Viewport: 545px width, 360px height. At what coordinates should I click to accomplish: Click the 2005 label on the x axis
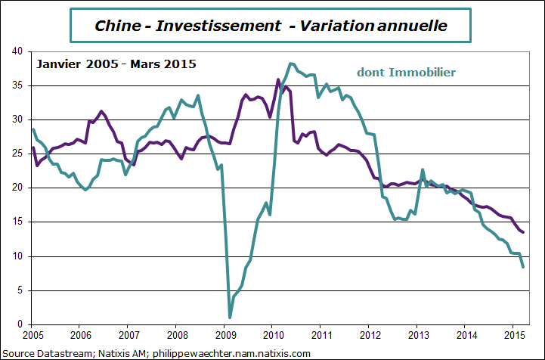point(33,334)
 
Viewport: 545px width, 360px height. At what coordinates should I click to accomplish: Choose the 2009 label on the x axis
point(225,334)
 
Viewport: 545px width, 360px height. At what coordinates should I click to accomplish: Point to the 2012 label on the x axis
point(369,334)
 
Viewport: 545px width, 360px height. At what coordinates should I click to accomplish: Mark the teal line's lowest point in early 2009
point(230,318)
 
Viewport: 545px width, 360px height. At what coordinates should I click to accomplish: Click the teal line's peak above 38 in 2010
point(291,64)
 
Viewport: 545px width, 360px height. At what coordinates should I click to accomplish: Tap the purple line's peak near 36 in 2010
point(278,79)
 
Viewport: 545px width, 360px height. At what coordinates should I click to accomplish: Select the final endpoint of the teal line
point(523,267)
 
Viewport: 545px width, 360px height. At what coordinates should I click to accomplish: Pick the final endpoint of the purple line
point(523,233)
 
